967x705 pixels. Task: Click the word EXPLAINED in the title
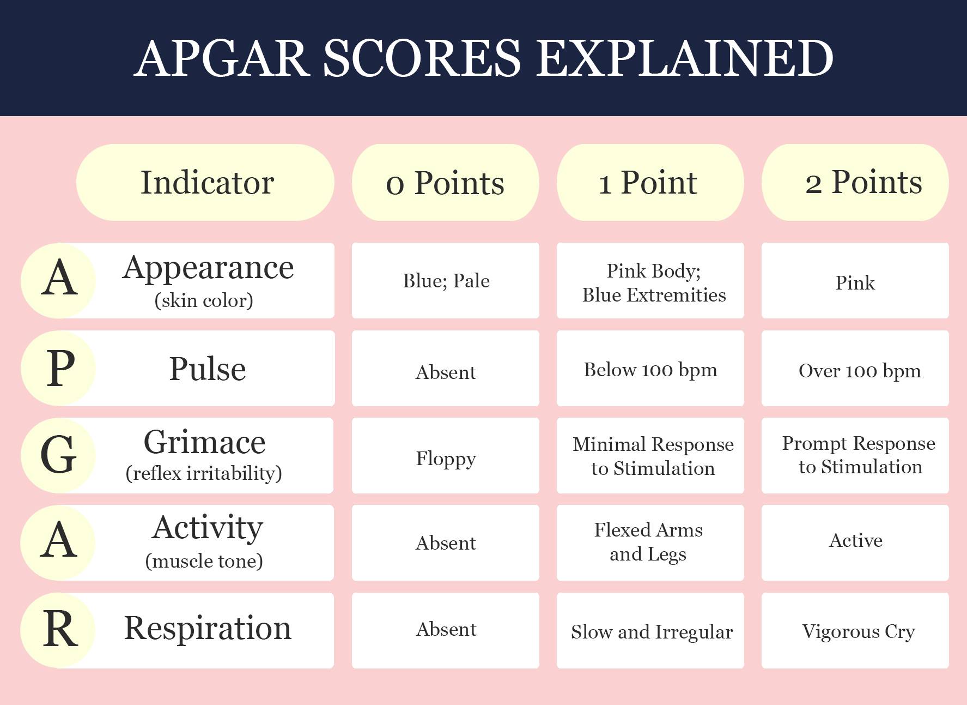click(685, 58)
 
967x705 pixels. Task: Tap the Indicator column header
click(205, 182)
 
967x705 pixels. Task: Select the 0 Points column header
click(446, 182)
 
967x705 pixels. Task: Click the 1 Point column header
click(650, 182)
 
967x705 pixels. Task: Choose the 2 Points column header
click(855, 182)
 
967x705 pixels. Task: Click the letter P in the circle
click(60, 368)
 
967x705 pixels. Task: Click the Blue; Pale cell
click(446, 280)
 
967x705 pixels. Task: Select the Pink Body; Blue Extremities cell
click(650, 280)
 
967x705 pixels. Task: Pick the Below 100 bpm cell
click(650, 368)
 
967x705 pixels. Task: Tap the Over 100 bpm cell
click(855, 368)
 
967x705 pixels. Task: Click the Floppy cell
click(446, 455)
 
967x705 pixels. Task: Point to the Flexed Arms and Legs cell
click(650, 543)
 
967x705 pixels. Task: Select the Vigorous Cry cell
click(855, 630)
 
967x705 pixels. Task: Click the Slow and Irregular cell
click(650, 630)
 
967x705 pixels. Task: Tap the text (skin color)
click(204, 300)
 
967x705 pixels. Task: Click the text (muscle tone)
click(204, 561)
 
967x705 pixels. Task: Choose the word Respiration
click(208, 628)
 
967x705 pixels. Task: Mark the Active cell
click(855, 543)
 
